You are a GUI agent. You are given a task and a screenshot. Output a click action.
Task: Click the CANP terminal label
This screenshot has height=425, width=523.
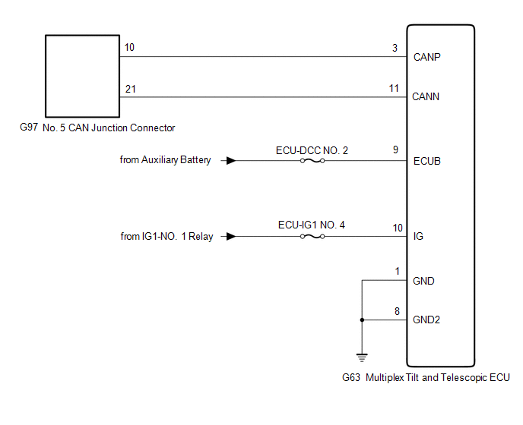click(426, 57)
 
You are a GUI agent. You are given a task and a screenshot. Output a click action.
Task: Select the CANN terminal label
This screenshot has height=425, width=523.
click(426, 97)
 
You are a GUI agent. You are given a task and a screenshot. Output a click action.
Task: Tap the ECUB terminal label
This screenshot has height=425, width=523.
click(426, 161)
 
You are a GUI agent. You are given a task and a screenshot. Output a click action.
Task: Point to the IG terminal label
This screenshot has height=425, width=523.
click(418, 237)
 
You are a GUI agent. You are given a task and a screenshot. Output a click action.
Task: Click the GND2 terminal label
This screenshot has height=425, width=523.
click(426, 320)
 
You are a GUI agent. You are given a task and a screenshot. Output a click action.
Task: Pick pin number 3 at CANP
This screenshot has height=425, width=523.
click(395, 47)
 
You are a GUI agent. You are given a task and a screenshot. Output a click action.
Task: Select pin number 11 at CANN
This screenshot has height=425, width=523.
click(394, 88)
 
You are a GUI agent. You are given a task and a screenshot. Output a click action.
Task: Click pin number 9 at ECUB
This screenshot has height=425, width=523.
click(395, 150)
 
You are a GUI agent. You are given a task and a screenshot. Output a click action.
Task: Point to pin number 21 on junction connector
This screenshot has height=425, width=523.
click(130, 89)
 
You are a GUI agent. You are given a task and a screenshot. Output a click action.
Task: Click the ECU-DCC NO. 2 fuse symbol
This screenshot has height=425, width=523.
click(312, 161)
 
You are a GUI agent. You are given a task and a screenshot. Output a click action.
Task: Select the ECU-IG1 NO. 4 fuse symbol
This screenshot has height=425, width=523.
click(312, 237)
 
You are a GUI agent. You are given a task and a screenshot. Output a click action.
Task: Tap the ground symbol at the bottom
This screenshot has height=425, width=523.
click(362, 354)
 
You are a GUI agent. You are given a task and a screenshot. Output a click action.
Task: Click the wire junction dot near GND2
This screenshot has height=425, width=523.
click(362, 320)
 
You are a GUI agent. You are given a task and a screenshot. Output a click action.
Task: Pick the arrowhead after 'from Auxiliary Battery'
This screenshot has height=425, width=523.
click(231, 161)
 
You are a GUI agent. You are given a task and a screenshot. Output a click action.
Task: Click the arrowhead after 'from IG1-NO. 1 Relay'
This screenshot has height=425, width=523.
click(231, 237)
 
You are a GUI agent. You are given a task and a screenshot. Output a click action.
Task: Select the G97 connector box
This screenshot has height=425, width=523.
click(82, 74)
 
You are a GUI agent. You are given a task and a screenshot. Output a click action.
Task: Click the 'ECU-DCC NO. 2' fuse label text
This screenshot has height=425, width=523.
click(312, 150)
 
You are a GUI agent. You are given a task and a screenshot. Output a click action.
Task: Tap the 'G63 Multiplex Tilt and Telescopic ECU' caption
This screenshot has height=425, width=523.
click(426, 376)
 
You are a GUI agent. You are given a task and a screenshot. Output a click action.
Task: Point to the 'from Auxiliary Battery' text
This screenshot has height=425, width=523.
click(165, 161)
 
